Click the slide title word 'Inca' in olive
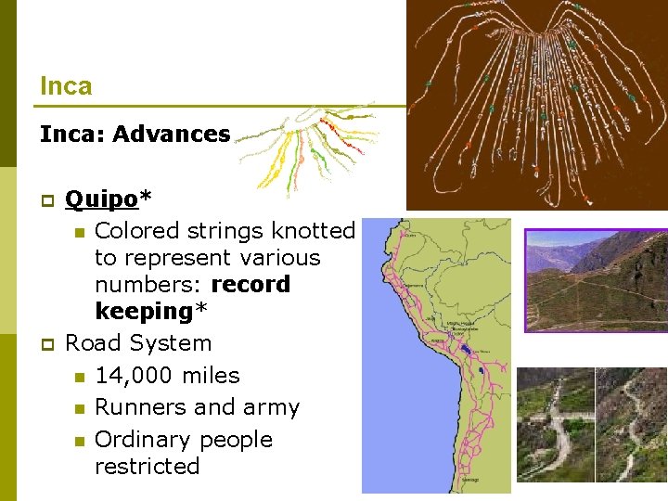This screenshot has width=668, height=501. (x=66, y=86)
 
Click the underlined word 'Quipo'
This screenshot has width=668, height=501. (x=100, y=199)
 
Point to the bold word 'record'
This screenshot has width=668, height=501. (x=250, y=284)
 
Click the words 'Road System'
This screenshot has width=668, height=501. (x=138, y=343)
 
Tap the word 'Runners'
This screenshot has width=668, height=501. (x=141, y=407)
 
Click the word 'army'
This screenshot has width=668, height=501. (x=269, y=407)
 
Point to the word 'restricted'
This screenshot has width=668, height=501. (x=147, y=466)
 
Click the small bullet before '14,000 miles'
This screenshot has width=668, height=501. (x=80, y=377)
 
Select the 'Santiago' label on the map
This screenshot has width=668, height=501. (x=444, y=479)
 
